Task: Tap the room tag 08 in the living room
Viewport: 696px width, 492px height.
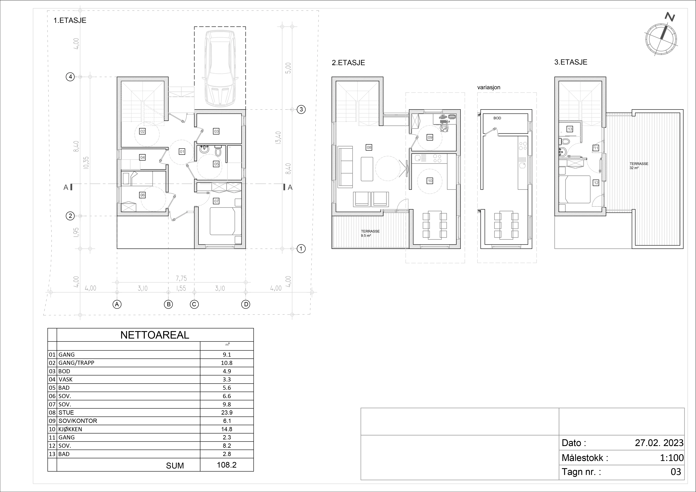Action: (x=369, y=148)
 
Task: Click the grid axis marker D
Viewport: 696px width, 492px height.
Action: (x=246, y=304)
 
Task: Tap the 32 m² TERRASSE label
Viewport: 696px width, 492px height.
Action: (x=639, y=165)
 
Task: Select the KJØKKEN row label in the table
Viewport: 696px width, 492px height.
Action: (x=70, y=429)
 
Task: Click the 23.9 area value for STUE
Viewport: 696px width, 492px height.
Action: (x=227, y=412)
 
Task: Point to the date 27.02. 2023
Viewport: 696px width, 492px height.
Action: (x=659, y=443)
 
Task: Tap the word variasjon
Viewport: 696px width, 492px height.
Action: (x=489, y=87)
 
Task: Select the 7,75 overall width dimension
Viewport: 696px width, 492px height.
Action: (x=181, y=278)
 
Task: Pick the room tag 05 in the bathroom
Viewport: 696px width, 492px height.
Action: (x=216, y=164)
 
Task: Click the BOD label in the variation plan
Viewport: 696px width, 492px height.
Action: (x=497, y=118)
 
